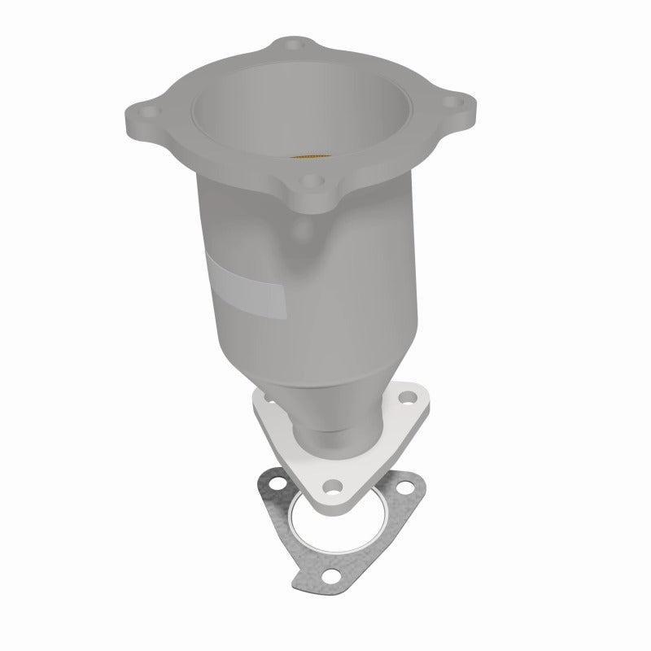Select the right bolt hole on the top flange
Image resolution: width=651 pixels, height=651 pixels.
[457, 104]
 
